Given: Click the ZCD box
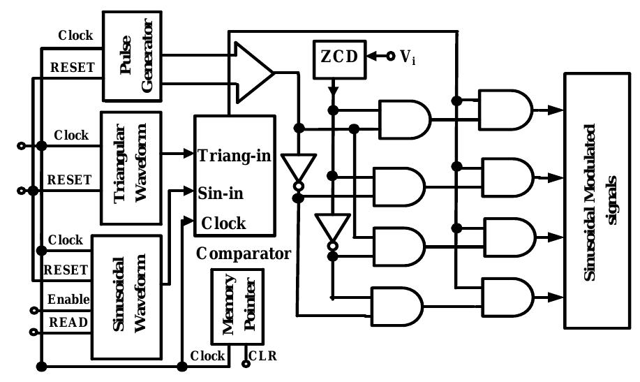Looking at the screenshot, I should (x=337, y=57).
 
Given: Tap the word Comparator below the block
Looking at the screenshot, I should (x=243, y=253).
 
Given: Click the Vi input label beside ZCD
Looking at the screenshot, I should (x=408, y=57).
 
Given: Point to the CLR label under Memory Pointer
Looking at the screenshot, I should (x=262, y=355).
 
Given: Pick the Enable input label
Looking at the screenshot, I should (x=68, y=300).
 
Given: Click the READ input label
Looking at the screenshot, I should (x=67, y=322).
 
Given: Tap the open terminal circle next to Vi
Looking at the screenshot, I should (x=390, y=56).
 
